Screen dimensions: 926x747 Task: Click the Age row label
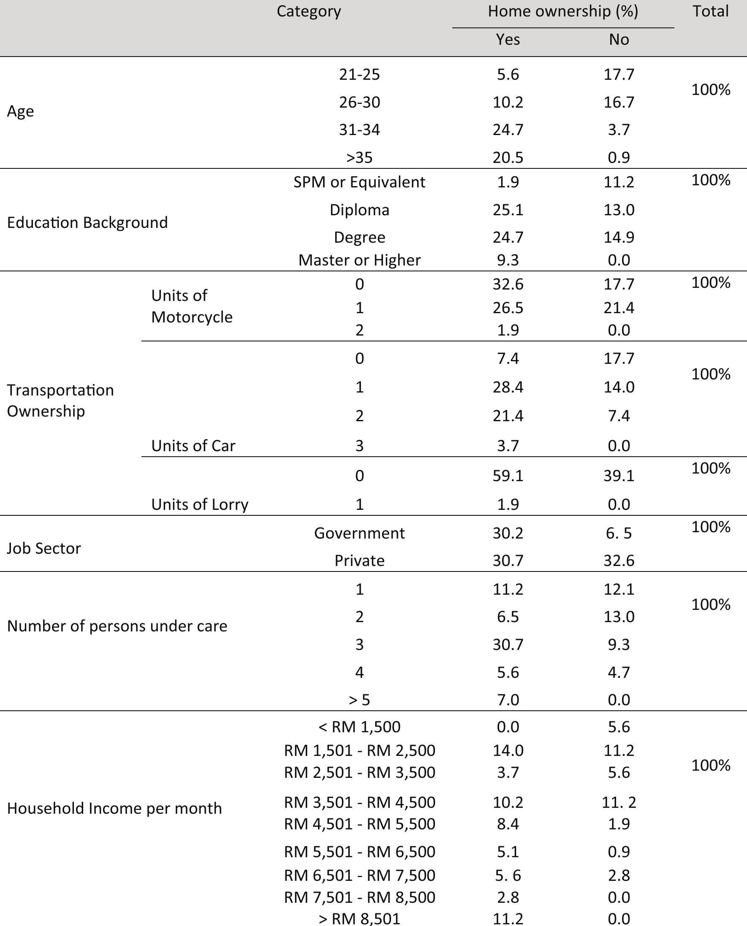[20, 111]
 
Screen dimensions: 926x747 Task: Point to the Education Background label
[87, 223]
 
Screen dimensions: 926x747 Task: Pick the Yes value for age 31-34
[508, 130]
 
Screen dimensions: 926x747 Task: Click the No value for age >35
[618, 157]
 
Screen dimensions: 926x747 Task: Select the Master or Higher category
[359, 260]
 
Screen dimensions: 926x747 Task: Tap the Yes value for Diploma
[508, 210]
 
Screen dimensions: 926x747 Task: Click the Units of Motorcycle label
[191, 306]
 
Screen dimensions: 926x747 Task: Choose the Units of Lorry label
[200, 504]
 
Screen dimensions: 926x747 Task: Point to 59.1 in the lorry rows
[508, 476]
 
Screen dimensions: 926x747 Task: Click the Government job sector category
[359, 533]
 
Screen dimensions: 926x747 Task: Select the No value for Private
[618, 561]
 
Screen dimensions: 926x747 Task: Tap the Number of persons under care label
[117, 626]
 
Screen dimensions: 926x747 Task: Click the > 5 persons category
[359, 700]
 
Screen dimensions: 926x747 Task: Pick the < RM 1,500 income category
[359, 727]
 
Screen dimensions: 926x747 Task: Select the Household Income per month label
[114, 809]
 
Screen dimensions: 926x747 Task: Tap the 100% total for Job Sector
[710, 527]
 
